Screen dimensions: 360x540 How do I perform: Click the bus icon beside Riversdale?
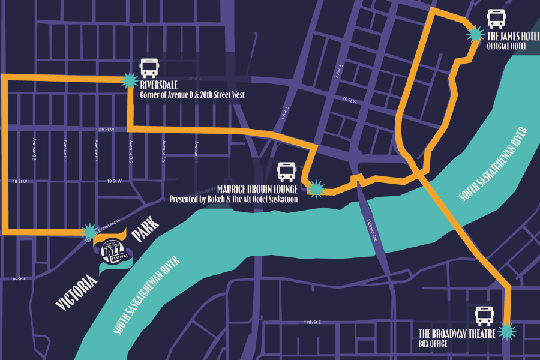(x=149, y=68)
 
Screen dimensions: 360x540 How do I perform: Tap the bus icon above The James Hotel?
(x=496, y=19)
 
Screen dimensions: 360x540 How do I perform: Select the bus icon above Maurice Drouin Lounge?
(x=287, y=172)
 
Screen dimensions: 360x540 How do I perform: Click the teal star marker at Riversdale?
(x=129, y=80)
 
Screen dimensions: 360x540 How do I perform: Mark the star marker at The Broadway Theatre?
(x=508, y=331)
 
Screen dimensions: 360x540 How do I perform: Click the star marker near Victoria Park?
(x=90, y=231)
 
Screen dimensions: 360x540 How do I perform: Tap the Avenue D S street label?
(x=130, y=151)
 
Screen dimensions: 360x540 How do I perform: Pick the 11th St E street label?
(x=312, y=322)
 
